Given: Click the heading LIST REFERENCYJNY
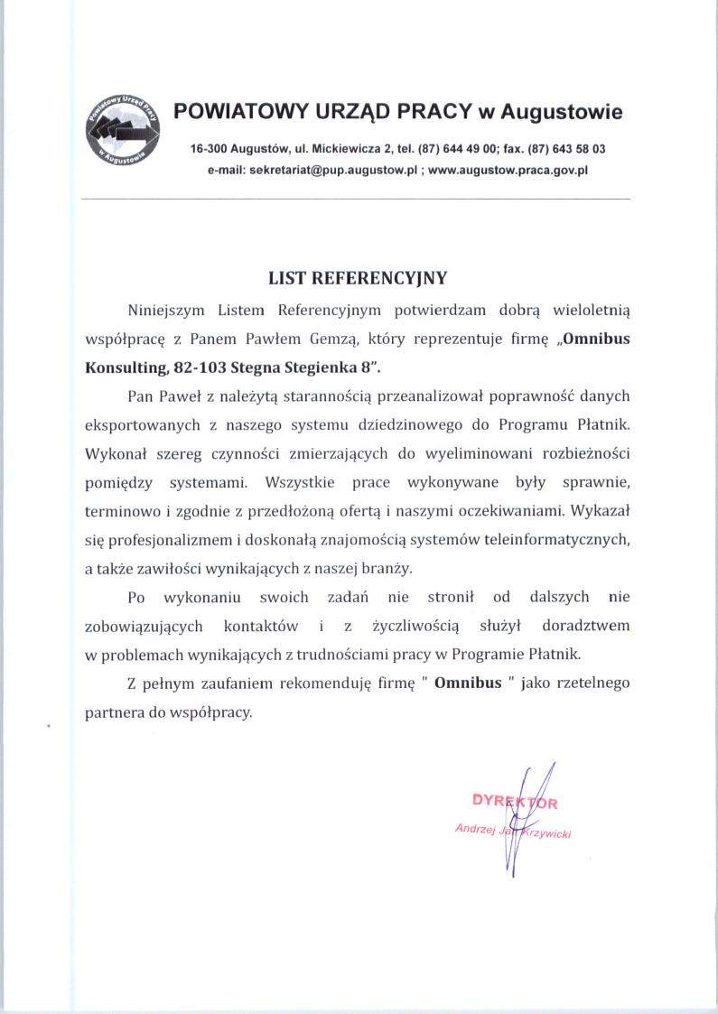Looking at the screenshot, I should pyautogui.click(x=359, y=278).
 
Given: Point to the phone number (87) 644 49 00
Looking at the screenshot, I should pyautogui.click(x=458, y=148).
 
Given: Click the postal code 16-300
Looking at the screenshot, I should pyautogui.click(x=209, y=148).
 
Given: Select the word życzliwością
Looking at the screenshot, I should pyautogui.click(x=416, y=625).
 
